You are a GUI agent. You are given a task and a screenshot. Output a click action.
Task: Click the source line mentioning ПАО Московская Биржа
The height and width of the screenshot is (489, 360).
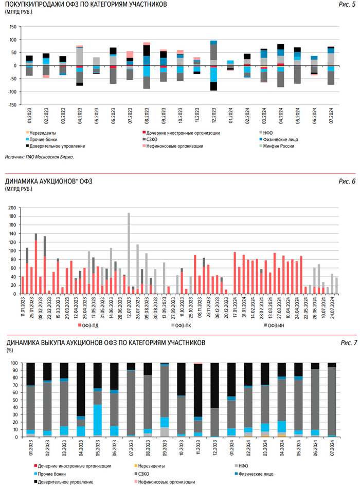pyautogui.click(x=39, y=157)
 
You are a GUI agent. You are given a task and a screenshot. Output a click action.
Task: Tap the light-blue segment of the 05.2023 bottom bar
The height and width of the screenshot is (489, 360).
pyautogui.click(x=97, y=421)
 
